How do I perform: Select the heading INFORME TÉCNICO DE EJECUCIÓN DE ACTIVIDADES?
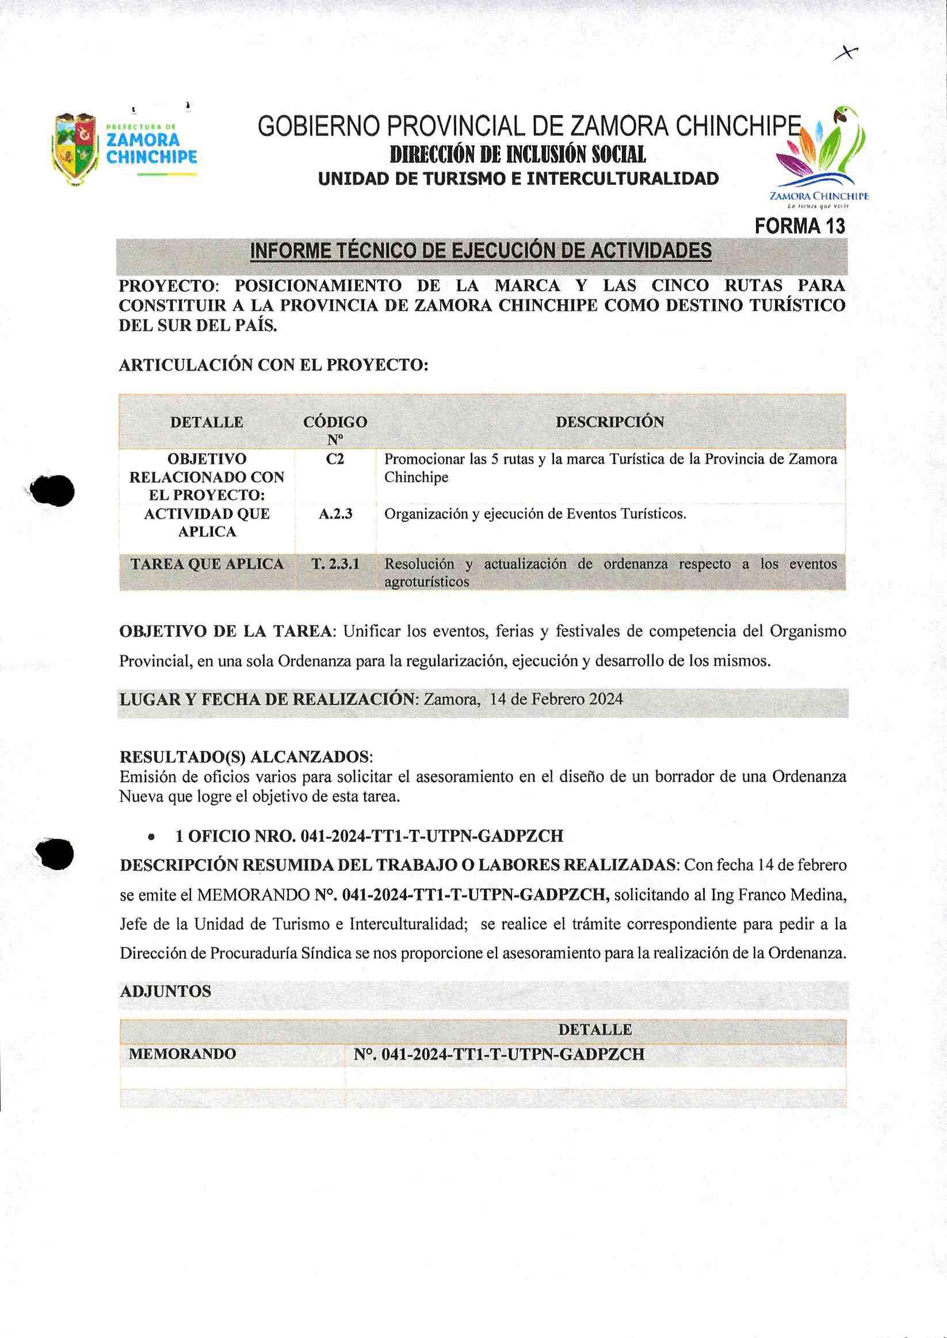(x=480, y=251)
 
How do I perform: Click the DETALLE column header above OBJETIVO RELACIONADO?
(x=207, y=422)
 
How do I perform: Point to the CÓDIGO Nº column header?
(x=335, y=429)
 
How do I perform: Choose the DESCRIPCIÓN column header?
(x=609, y=422)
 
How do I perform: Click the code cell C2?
(x=335, y=459)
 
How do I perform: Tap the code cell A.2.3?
(x=335, y=514)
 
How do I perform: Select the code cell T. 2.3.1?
(x=335, y=564)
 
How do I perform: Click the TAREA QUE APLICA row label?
(x=207, y=564)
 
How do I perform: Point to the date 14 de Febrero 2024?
(x=556, y=699)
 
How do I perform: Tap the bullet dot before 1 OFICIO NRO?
(x=152, y=837)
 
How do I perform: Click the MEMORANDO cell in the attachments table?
(x=182, y=1054)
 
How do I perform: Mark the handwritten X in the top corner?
(x=846, y=54)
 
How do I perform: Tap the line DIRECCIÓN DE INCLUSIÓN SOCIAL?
(x=518, y=155)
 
